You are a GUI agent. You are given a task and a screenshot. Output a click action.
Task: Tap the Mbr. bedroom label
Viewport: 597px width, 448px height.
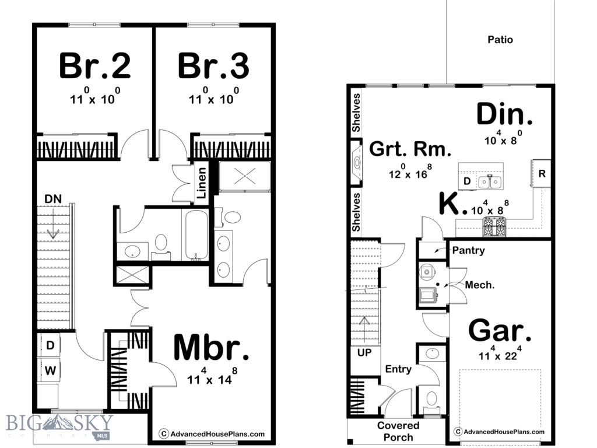[x=212, y=348]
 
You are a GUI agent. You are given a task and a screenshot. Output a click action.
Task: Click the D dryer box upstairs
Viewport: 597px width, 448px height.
[x=51, y=345]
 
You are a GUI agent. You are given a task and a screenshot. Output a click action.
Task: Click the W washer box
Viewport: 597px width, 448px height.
[x=51, y=369]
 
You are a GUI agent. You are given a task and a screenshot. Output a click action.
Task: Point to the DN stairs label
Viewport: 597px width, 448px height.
[x=53, y=199]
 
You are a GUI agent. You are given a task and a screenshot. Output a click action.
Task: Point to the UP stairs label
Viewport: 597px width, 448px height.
[x=364, y=353]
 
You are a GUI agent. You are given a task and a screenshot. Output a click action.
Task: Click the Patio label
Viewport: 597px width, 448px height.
[x=500, y=40]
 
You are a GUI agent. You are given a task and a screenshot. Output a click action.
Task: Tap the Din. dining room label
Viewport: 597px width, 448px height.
[x=504, y=114]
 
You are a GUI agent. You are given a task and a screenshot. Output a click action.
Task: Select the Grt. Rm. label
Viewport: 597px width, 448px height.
[x=410, y=150]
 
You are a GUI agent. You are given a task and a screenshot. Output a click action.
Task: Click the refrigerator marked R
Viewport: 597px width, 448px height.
[x=542, y=173]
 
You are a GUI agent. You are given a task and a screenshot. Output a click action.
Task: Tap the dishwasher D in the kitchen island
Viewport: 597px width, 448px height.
[x=467, y=182]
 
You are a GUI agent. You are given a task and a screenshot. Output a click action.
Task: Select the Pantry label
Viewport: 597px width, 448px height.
[x=468, y=250]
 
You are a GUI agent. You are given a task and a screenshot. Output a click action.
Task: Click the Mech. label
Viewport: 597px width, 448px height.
[x=479, y=285]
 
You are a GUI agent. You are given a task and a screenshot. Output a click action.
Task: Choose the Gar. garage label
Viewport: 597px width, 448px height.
[x=500, y=331]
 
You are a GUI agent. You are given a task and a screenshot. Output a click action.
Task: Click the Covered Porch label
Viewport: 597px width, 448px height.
[x=398, y=431]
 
